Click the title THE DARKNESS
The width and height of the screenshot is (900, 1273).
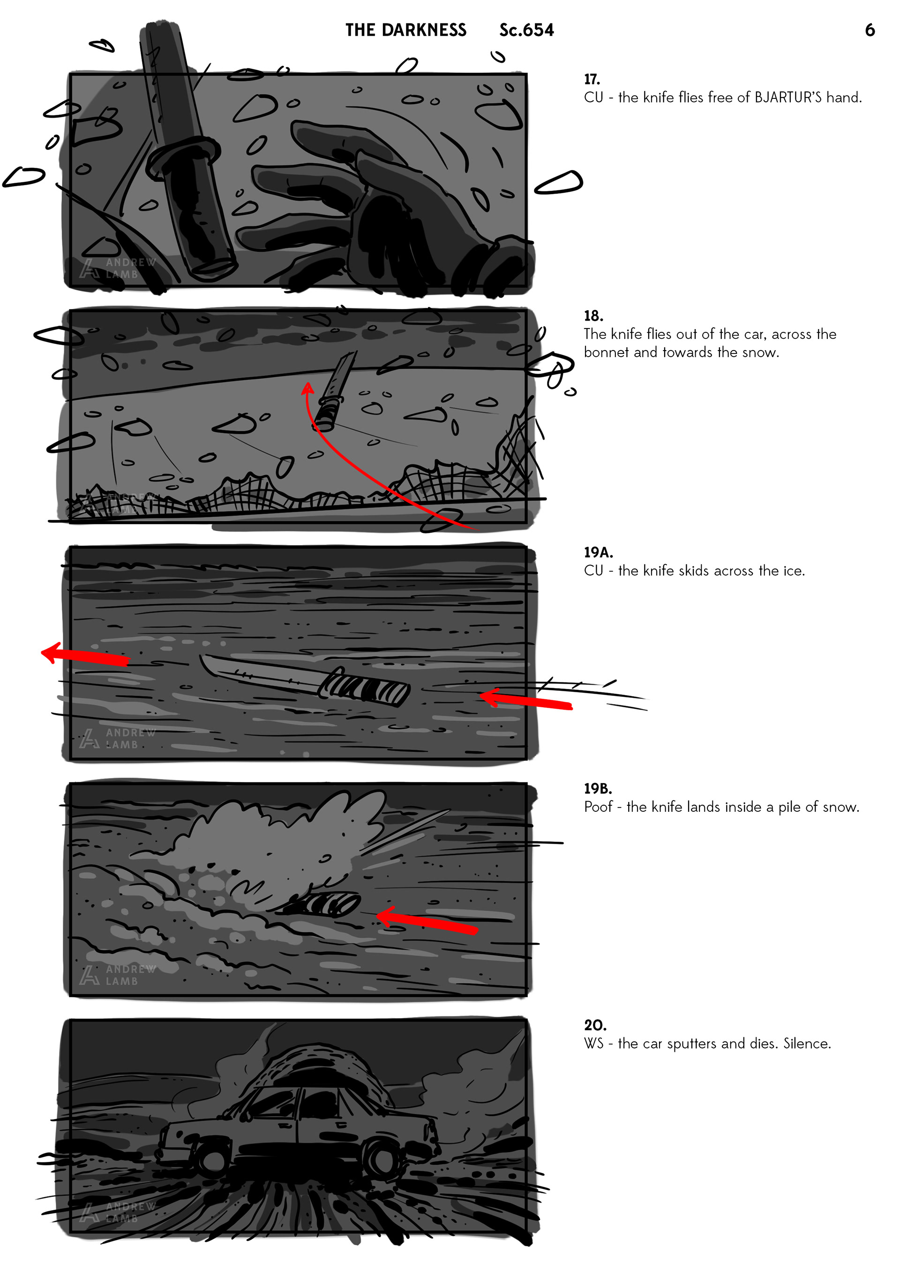406,30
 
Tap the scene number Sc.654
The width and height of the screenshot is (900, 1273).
526,30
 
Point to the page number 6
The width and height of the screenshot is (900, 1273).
870,30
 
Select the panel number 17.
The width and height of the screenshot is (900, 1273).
592,79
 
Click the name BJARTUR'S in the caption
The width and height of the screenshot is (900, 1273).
788,97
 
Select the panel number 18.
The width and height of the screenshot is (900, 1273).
593,316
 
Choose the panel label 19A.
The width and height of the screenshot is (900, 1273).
598,552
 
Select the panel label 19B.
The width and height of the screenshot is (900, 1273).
598,788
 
